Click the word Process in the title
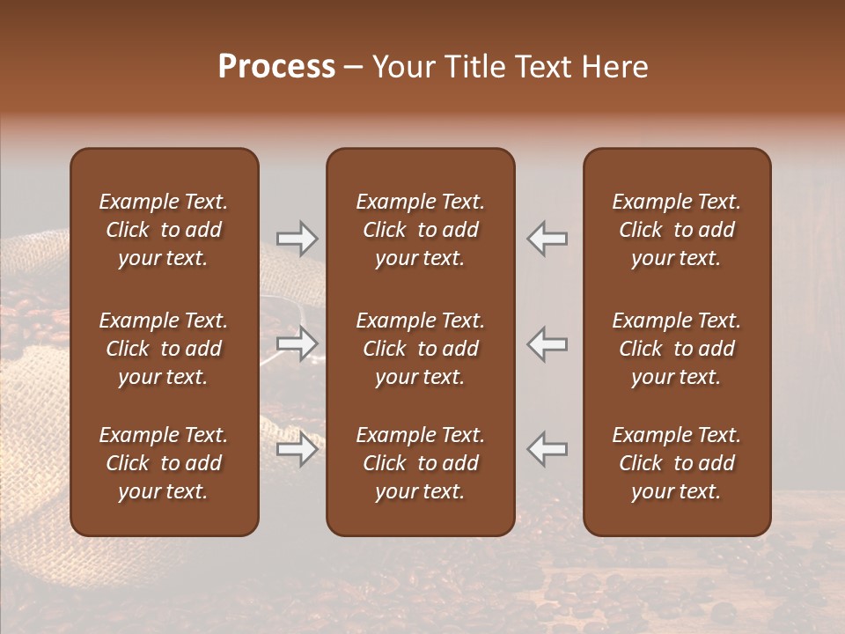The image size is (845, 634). click(276, 67)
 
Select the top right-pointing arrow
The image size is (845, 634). click(297, 238)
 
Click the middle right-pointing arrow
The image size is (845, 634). click(297, 343)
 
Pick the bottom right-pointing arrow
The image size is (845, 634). click(297, 449)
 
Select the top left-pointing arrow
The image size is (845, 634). click(547, 238)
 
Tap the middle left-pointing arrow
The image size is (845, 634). click(547, 343)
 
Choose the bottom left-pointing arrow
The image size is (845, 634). click(547, 449)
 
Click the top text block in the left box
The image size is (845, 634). click(164, 230)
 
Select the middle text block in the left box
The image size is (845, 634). click(164, 349)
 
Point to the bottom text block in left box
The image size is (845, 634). click(164, 463)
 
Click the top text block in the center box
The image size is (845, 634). click(421, 230)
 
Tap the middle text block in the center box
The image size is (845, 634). click(421, 349)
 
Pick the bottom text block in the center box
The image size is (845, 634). click(421, 463)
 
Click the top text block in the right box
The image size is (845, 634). click(677, 230)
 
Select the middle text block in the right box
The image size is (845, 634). click(677, 349)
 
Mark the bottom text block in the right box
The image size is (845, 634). click(677, 463)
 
